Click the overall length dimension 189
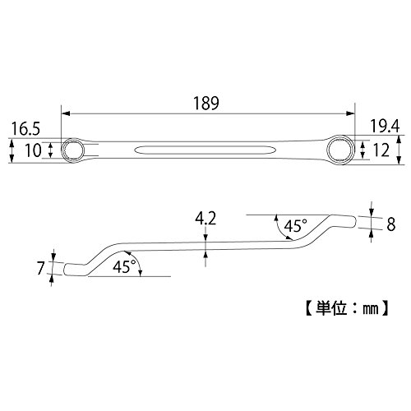206,104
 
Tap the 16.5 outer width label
25,129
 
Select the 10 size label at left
33,150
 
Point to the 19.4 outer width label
385,127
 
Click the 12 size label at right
381,150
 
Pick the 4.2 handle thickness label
205,219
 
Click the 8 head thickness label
390,224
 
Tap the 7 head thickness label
40,268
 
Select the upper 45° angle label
295,226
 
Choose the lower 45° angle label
124,266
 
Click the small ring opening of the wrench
72,150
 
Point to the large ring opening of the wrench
341,150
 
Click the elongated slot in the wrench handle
205,150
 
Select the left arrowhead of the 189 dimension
66,113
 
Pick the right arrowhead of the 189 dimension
350,113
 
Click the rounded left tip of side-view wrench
65,270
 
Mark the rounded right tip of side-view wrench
355,222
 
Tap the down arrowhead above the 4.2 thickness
205,238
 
